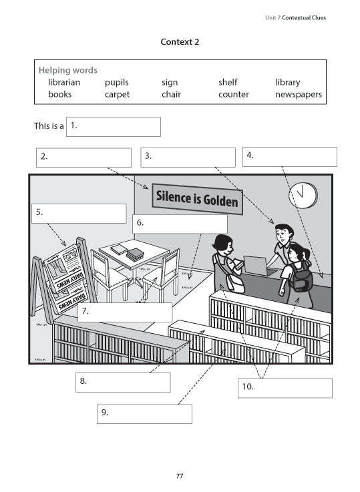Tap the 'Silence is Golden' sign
point(196,198)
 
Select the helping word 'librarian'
point(64,82)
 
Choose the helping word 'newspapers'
point(298,95)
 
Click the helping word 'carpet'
point(117,95)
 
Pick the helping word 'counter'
point(233,95)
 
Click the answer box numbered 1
point(114,127)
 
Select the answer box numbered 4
point(289,157)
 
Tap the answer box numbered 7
point(125,312)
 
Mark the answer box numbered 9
point(144,414)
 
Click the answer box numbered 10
point(285,389)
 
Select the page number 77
point(180,476)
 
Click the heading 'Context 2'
point(180,42)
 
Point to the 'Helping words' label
point(67,69)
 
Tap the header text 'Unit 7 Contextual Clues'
point(295,17)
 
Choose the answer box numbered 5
point(78,214)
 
